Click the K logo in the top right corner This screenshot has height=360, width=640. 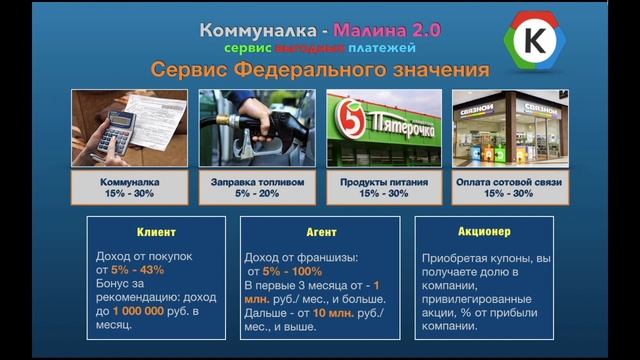tap(544, 41)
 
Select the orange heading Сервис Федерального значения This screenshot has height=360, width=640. tap(320, 70)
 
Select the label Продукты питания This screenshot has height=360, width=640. tap(384, 183)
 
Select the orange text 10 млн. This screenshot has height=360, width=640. tap(334, 311)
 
